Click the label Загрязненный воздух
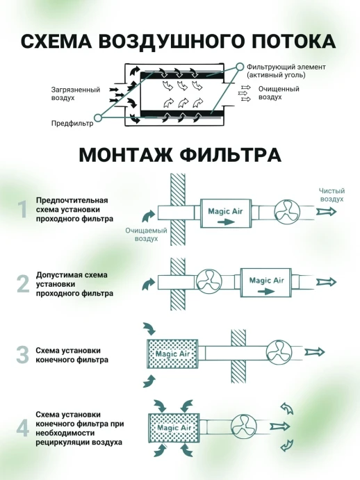pos(75,94)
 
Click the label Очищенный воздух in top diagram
pos(278,93)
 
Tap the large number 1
pos(22,210)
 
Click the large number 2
pos(22,283)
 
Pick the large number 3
pos(22,354)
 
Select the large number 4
pos(22,427)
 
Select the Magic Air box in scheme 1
pos(225,211)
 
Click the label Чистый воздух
pos(331,194)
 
